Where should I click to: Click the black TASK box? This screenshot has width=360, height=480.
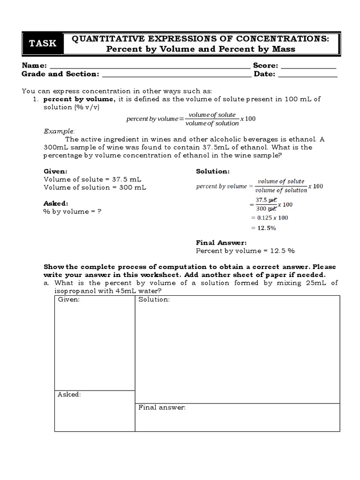tap(43, 44)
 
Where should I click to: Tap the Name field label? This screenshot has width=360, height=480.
tap(34, 66)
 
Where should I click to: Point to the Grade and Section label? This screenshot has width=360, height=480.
tap(60, 74)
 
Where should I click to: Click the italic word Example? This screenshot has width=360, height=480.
tap(59, 131)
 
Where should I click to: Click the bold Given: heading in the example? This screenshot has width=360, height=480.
tap(55, 172)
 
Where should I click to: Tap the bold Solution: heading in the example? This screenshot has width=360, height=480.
tap(212, 172)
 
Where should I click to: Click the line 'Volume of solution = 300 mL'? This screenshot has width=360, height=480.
tap(95, 187)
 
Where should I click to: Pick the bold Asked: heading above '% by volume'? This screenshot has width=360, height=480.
tap(56, 203)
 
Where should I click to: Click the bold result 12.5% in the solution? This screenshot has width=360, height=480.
tap(266, 228)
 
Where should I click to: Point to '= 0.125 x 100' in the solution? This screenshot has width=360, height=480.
tap(270, 217)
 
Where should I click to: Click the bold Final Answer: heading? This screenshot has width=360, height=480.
tap(221, 243)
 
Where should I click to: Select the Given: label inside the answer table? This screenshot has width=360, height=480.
tap(68, 300)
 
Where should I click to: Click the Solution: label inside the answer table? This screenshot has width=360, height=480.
tap(154, 300)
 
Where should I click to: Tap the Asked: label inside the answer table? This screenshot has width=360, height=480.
tap(69, 395)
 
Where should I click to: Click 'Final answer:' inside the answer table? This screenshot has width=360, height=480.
tap(162, 407)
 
